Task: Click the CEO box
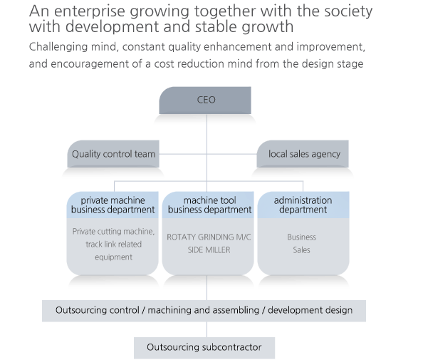(x=205, y=101)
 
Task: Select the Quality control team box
(x=113, y=154)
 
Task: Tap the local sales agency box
(x=303, y=154)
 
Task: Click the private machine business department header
(x=113, y=205)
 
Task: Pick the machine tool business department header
(x=208, y=205)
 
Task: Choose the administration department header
(x=303, y=205)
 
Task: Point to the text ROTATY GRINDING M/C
(x=209, y=237)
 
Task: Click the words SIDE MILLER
(x=209, y=250)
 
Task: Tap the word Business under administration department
(x=302, y=237)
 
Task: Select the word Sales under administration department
(x=302, y=250)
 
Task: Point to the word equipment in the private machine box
(x=113, y=257)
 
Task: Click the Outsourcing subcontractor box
(x=204, y=348)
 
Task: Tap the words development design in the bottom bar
(x=310, y=310)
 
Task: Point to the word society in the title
(x=348, y=11)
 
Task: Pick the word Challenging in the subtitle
(x=58, y=47)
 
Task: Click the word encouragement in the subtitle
(x=90, y=64)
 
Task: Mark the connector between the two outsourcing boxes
(x=207, y=329)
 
